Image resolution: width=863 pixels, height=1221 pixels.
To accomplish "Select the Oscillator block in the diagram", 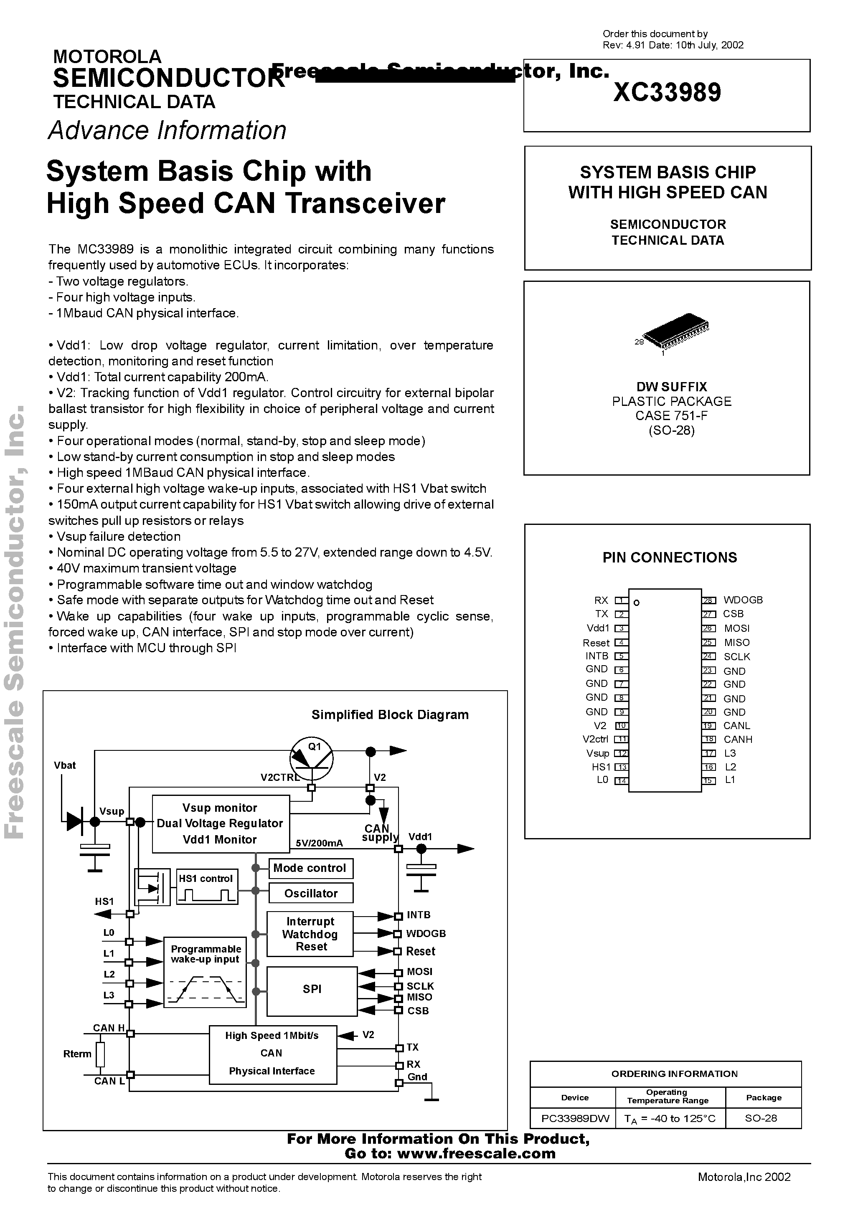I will tap(311, 893).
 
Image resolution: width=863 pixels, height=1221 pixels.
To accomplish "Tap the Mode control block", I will tap(310, 868).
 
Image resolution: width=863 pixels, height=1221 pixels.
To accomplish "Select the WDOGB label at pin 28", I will tap(743, 600).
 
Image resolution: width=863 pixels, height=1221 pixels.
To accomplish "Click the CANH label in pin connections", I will tap(737, 739).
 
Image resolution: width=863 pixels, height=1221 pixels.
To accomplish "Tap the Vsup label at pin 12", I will tap(597, 753).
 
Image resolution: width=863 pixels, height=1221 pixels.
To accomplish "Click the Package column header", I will tap(764, 1098).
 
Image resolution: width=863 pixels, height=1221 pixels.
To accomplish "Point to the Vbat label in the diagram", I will tap(65, 765).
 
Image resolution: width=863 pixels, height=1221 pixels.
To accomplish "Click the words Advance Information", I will tap(167, 130).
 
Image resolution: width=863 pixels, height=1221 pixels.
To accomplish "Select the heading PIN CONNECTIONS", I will tap(669, 557).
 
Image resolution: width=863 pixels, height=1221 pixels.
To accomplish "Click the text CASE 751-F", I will tap(671, 415).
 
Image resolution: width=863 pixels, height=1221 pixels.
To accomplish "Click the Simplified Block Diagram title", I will tap(390, 715).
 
